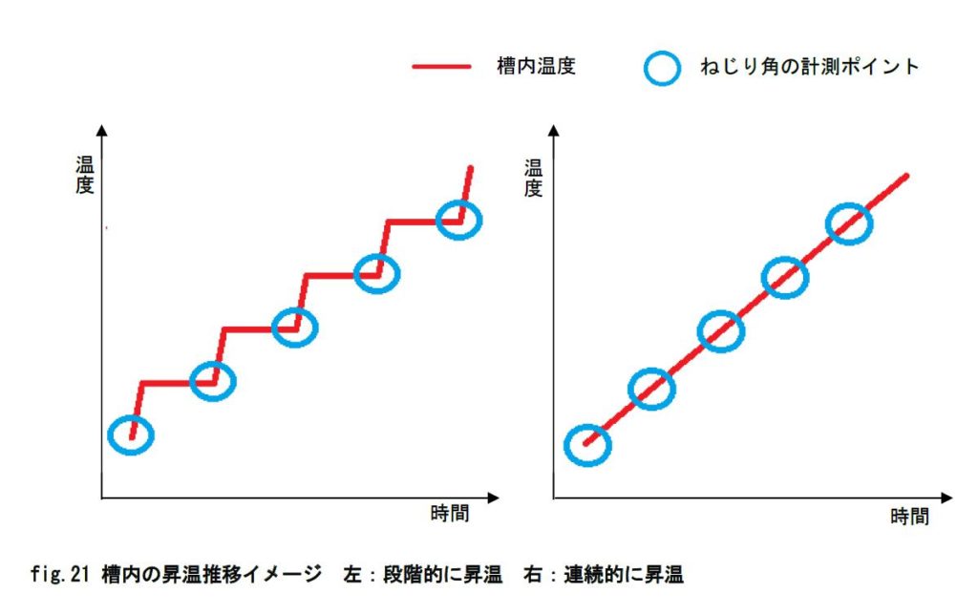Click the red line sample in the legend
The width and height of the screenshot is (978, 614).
click(x=442, y=67)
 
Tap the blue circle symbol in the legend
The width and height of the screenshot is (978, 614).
click(x=662, y=67)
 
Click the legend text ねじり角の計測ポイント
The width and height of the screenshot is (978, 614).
click(x=808, y=67)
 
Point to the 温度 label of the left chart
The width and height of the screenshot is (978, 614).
click(x=84, y=175)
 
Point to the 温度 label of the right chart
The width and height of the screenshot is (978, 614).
click(x=533, y=176)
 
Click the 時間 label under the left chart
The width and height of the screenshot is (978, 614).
click(x=450, y=514)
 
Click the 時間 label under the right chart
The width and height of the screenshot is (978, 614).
click(x=908, y=517)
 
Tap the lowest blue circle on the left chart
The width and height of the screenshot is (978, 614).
click(x=131, y=435)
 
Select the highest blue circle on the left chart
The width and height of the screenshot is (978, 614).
click(x=459, y=220)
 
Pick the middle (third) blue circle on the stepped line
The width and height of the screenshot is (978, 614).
click(x=295, y=328)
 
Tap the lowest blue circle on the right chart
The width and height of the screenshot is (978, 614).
click(x=587, y=444)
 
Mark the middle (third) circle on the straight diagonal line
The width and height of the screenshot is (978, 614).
click(x=720, y=331)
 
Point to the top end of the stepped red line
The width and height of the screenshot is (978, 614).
click(x=470, y=168)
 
